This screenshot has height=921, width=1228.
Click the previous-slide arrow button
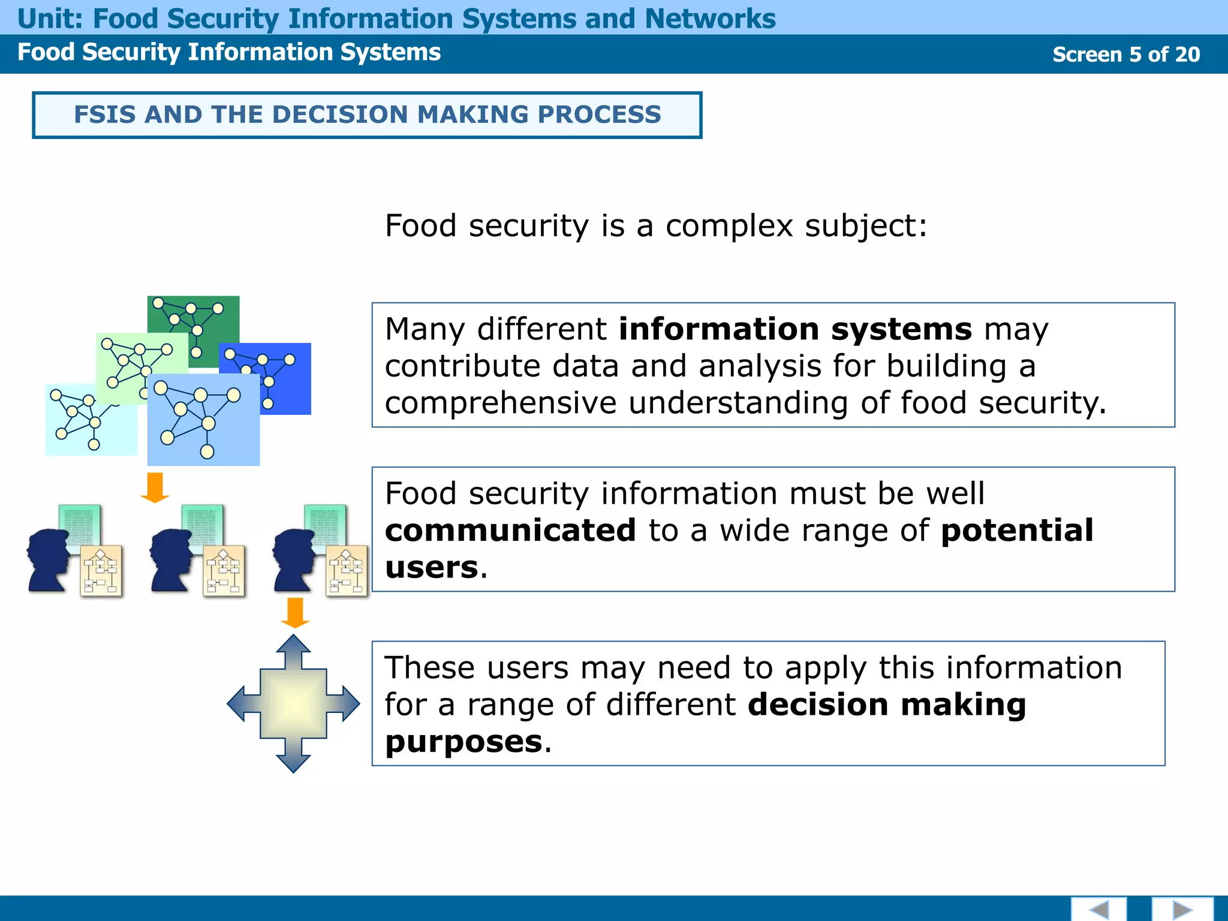(x=1098, y=909)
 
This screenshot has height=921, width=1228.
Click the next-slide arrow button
(x=1182, y=909)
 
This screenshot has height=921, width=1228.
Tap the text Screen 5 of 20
(x=1125, y=55)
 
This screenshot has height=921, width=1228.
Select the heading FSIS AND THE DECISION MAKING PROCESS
(x=367, y=115)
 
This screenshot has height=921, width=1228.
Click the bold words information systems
(x=794, y=329)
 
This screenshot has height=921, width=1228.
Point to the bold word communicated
(x=510, y=531)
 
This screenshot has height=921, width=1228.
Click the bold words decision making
(x=887, y=705)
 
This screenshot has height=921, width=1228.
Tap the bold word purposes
(x=463, y=742)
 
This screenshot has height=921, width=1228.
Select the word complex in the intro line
(x=729, y=226)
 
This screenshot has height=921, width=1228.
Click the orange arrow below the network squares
(x=155, y=487)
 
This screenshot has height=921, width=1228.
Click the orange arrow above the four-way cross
(x=295, y=612)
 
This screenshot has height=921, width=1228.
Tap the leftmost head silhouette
(x=48, y=561)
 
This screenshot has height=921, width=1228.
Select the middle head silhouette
(x=171, y=561)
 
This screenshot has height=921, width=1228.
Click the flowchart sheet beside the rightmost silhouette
(x=347, y=571)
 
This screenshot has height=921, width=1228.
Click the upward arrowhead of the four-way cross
(x=293, y=646)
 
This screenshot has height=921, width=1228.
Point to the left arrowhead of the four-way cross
(x=239, y=704)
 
